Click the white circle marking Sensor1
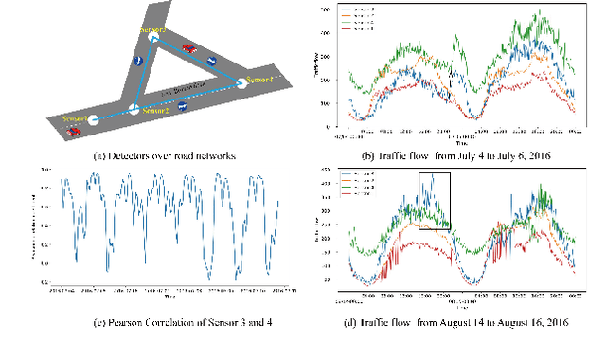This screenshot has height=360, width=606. click(94, 119)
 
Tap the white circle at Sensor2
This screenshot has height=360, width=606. click(134, 110)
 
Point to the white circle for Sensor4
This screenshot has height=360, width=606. click(241, 84)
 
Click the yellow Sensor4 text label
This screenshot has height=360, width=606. click(259, 77)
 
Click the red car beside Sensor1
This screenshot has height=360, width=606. click(74, 132)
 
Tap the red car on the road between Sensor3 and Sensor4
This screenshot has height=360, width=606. click(189, 46)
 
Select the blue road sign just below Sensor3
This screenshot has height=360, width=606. click(140, 61)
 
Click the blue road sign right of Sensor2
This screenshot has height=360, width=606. click(183, 107)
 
